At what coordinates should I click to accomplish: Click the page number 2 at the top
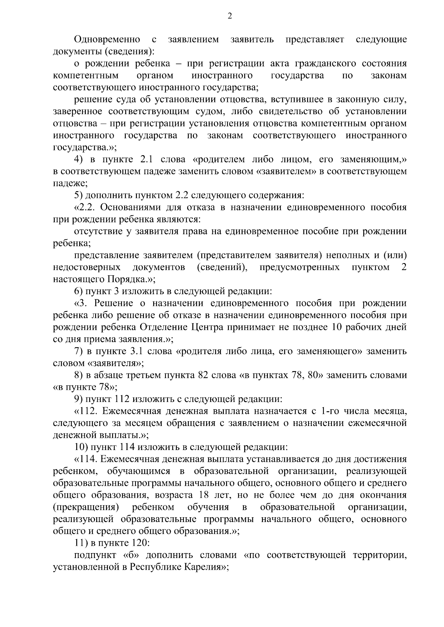229,16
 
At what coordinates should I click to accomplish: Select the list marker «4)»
80,160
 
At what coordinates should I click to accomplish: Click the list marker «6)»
80,292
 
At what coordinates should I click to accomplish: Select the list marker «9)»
80,399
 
